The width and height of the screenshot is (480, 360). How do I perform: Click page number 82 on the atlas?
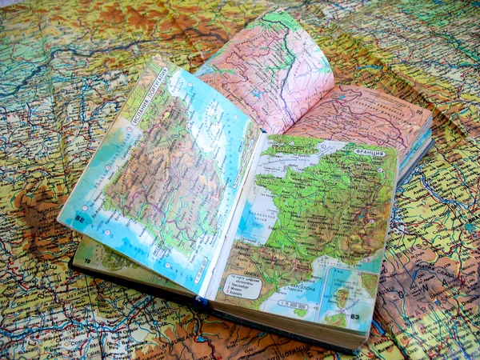[x=80, y=217]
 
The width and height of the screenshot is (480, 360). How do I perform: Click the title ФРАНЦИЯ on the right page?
[x=369, y=151]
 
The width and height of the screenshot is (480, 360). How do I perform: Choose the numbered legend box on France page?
[x=246, y=286]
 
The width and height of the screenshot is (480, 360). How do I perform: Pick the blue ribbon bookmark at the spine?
[x=202, y=302]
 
